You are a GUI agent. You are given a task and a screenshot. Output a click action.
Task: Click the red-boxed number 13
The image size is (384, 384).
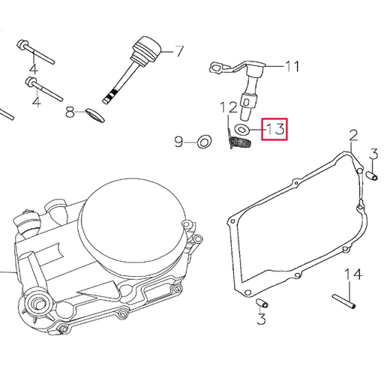[x=273, y=129]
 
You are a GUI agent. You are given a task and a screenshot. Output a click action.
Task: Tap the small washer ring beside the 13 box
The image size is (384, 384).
[x=243, y=130]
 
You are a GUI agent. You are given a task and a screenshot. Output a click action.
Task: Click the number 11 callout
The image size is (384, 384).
[x=291, y=67]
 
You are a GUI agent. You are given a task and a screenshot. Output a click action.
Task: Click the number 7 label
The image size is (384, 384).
[x=179, y=52]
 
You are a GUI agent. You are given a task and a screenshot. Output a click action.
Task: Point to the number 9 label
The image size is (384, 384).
[x=178, y=141]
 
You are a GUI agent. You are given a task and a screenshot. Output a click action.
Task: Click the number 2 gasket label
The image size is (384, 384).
[x=352, y=136]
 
